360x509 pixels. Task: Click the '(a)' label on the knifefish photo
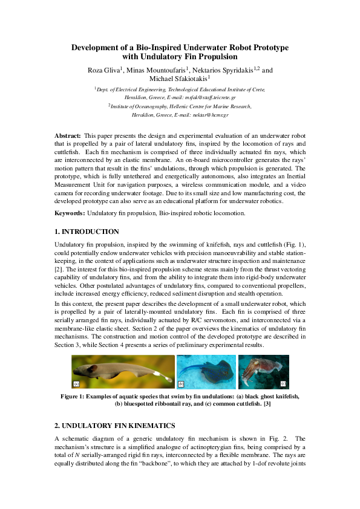pos(76,384)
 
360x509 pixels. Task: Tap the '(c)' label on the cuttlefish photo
pos(283,384)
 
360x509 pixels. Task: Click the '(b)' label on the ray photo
pos(181,384)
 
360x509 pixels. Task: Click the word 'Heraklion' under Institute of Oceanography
pos(135,114)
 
